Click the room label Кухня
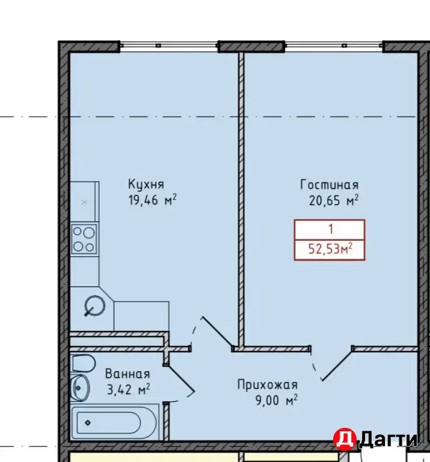146,185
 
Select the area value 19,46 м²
152,200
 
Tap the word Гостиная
330,185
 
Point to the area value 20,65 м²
334,201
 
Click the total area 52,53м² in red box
330,249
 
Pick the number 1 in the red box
331,229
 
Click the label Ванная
127,374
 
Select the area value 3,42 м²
129,390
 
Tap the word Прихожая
268,385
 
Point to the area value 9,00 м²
277,401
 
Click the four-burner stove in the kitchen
84,239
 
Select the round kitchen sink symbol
94,306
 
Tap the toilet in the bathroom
83,363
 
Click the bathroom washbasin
79,388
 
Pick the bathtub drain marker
88,423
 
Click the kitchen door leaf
217,332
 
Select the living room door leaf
337,365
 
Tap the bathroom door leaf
180,379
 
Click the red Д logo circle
345,439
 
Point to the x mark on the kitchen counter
84,202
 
